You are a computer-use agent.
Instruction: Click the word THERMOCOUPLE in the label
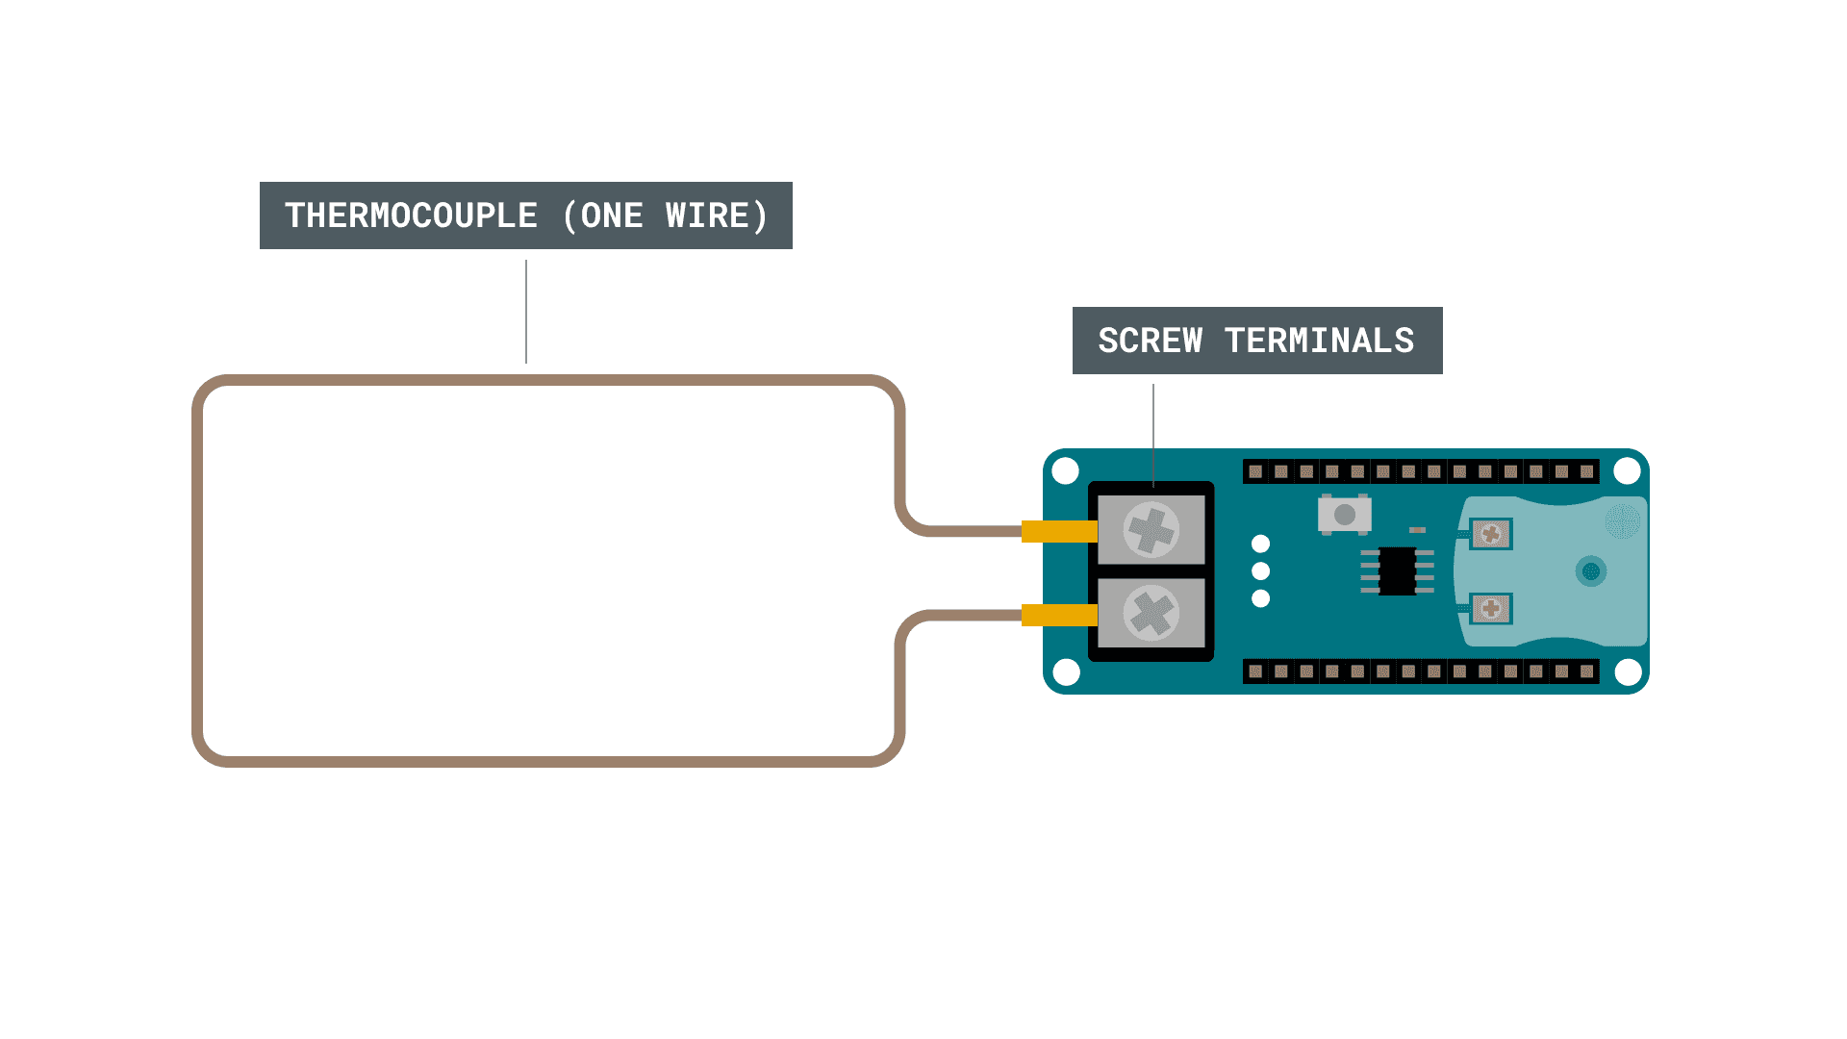point(411,215)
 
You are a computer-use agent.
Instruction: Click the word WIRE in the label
point(707,215)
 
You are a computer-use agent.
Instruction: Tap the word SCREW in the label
point(1150,341)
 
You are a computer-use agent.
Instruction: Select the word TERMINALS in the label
point(1319,341)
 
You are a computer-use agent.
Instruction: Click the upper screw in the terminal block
point(1151,529)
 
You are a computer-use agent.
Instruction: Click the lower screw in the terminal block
point(1151,613)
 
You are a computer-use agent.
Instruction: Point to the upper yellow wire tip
point(1058,531)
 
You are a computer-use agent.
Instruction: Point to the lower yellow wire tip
point(1058,615)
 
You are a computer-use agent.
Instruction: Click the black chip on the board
point(1397,570)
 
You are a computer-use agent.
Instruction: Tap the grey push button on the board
point(1345,515)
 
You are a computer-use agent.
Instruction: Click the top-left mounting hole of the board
point(1066,470)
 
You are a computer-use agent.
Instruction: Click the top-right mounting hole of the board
point(1627,470)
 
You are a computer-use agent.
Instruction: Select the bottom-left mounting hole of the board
point(1066,672)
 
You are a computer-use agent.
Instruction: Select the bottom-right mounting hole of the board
point(1628,672)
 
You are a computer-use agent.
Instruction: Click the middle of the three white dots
point(1261,570)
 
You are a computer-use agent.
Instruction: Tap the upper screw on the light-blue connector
point(1491,534)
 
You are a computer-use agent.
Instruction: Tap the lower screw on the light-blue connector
point(1491,608)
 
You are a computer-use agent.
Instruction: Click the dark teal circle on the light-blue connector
point(1591,571)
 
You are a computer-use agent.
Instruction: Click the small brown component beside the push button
point(1417,529)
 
